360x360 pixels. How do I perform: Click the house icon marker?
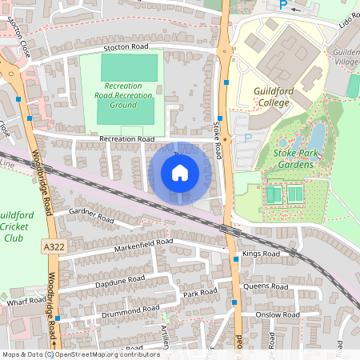pyautogui.click(x=180, y=173)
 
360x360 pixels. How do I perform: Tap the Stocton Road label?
pyautogui.click(x=126, y=48)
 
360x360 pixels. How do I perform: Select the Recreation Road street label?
pyautogui.click(x=126, y=139)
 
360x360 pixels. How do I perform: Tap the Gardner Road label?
pyautogui.click(x=92, y=215)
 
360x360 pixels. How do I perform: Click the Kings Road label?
pyautogui.click(x=261, y=254)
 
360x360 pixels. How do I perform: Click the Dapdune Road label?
pyautogui.click(x=119, y=280)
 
